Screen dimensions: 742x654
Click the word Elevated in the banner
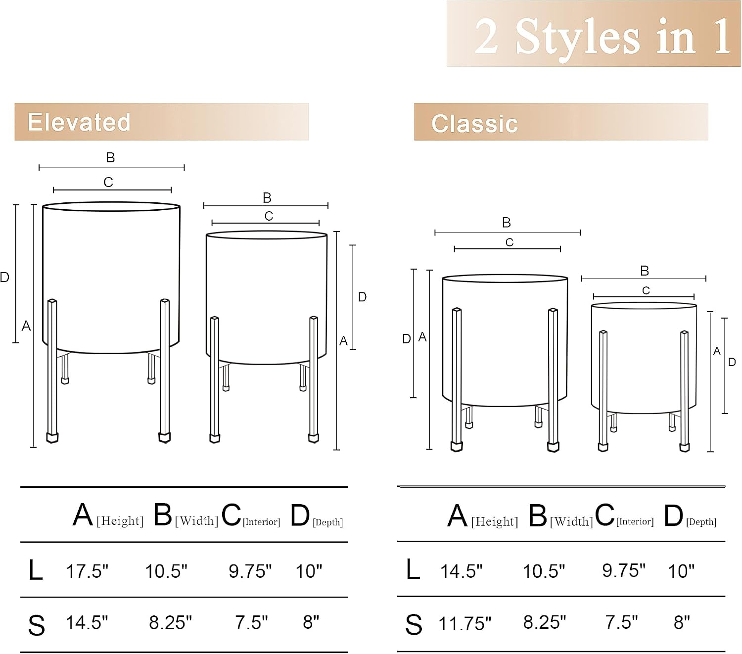(x=79, y=122)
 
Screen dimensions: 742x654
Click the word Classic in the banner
(x=475, y=124)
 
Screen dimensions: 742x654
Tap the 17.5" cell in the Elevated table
(x=87, y=571)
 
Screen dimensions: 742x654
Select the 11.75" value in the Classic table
(x=465, y=624)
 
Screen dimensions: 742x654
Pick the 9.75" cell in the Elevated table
(x=250, y=571)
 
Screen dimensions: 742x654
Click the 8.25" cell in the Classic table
(x=545, y=622)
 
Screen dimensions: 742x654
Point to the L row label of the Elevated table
(x=36, y=570)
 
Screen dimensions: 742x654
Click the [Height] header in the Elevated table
(x=120, y=521)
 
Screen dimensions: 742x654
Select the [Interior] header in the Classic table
(x=635, y=521)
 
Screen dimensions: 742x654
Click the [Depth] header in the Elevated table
(x=328, y=522)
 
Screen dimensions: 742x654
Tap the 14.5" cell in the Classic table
(x=461, y=571)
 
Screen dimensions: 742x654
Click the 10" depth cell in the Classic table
(x=681, y=571)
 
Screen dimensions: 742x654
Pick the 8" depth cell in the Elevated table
(x=311, y=622)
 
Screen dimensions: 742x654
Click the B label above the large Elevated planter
(x=110, y=157)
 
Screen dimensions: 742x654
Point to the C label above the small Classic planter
(x=646, y=290)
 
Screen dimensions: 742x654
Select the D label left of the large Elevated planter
(x=4, y=278)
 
